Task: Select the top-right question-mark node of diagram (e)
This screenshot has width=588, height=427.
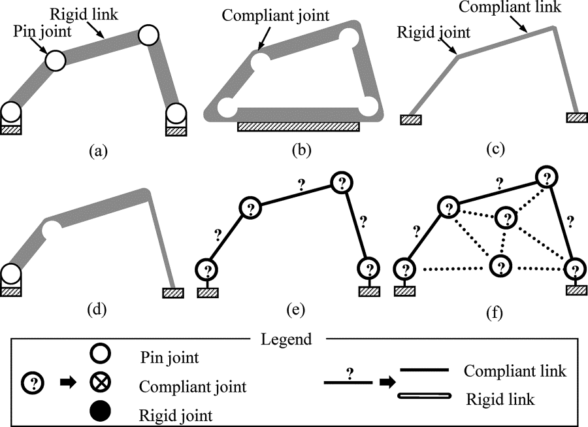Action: (340, 182)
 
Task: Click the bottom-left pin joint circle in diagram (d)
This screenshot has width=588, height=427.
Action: (11, 273)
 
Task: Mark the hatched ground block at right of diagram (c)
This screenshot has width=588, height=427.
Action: (577, 117)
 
